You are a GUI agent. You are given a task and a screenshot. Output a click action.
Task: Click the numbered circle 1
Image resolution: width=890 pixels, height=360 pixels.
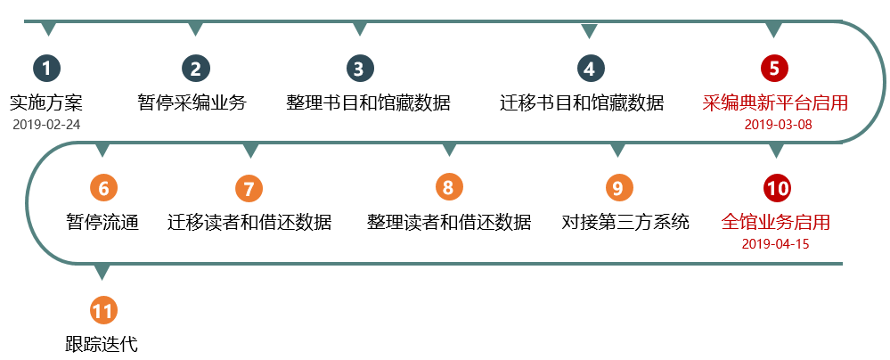[47, 68]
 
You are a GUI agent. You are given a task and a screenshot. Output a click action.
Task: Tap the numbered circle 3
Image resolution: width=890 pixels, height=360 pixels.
[359, 68]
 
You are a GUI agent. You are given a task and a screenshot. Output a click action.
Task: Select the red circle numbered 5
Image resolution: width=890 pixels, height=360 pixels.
[774, 68]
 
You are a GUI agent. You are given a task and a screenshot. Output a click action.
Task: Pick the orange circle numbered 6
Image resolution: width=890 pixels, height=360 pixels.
[103, 188]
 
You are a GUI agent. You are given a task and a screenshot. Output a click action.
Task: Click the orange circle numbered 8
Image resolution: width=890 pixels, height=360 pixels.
[448, 188]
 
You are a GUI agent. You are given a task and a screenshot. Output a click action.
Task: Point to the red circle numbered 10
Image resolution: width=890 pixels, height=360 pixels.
[777, 188]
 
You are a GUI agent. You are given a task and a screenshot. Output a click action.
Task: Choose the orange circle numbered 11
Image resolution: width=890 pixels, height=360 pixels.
[103, 311]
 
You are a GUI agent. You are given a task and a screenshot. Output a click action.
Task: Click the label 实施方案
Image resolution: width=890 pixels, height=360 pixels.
[45, 102]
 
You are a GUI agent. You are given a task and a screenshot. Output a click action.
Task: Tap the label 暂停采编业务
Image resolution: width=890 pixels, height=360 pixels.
[192, 102]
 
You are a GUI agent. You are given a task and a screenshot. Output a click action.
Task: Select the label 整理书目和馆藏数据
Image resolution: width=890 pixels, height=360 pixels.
[368, 102]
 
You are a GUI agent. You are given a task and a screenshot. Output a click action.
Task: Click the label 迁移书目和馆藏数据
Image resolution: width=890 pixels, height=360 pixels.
[582, 102]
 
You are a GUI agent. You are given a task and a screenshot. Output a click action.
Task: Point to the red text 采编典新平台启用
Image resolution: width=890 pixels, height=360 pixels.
[775, 102]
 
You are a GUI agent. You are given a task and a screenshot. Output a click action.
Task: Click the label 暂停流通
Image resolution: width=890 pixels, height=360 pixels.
[102, 222]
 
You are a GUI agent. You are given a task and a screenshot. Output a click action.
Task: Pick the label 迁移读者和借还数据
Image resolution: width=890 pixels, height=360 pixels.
[249, 222]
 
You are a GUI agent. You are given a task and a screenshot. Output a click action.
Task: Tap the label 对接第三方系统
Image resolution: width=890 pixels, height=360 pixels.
[625, 222]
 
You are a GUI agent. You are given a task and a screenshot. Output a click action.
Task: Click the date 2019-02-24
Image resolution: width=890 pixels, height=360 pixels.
[46, 124]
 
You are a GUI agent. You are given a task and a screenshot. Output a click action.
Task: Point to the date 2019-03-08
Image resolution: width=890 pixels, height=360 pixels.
[778, 124]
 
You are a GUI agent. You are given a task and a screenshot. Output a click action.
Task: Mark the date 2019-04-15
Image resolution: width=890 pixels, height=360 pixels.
[775, 243]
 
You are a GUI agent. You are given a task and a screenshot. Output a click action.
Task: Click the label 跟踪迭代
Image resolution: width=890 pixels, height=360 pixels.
[102, 344]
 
